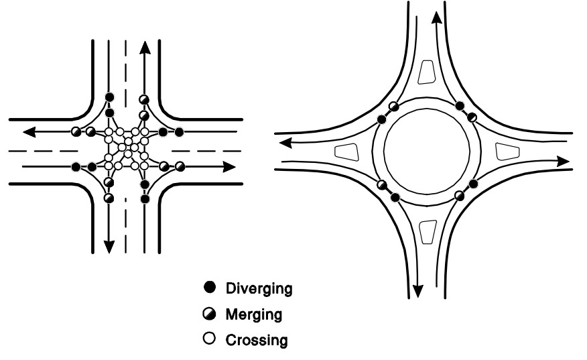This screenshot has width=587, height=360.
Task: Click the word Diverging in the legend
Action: (259, 288)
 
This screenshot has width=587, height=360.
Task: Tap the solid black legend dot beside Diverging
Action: (208, 288)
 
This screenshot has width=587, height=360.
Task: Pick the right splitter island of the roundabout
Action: (506, 151)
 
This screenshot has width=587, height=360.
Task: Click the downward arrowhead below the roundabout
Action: (417, 291)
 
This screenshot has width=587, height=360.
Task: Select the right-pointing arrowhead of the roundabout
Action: (564, 161)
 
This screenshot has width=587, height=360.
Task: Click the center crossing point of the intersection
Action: (126, 147)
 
